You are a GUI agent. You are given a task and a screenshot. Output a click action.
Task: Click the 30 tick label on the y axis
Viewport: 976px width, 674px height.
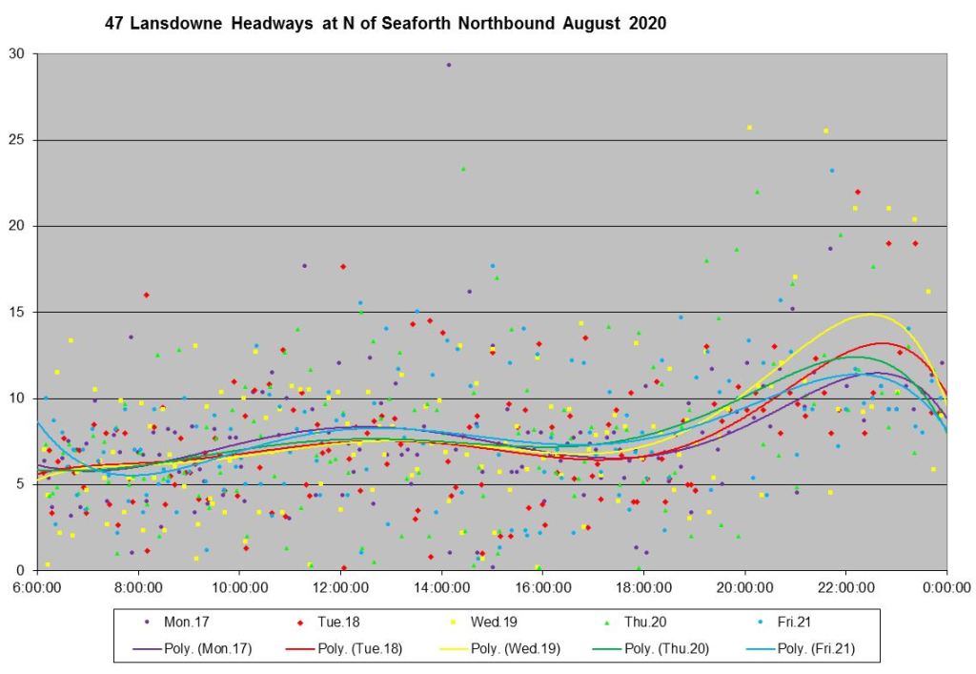point(19,54)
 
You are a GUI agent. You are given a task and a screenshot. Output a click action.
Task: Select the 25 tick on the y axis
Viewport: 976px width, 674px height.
point(19,140)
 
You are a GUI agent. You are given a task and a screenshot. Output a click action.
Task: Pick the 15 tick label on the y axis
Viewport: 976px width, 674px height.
point(19,313)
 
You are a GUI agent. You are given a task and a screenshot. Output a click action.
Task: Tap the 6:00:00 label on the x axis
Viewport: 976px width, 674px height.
point(38,588)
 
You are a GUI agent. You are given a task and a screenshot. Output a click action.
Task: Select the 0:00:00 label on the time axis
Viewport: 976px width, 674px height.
point(946,588)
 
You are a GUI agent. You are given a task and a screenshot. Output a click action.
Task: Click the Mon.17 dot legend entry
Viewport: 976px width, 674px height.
point(175,622)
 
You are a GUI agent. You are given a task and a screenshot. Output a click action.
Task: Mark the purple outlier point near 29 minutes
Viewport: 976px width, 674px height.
point(449,65)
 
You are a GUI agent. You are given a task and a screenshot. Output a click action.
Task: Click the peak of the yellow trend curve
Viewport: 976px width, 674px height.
point(871,314)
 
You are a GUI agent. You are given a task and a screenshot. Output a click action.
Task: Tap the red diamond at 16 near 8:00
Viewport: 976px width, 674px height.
point(146,295)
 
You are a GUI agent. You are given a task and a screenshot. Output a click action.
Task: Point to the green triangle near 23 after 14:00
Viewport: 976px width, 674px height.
point(463,169)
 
